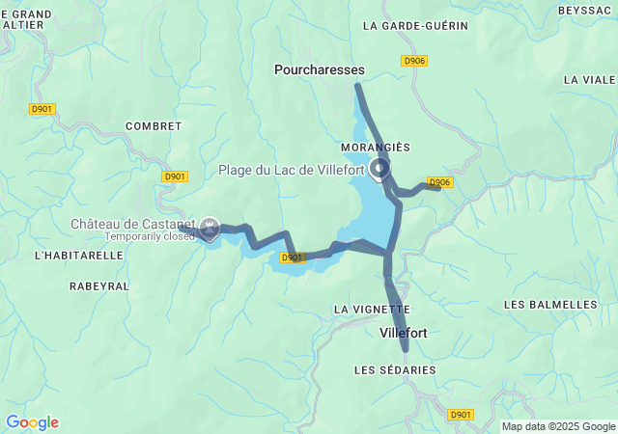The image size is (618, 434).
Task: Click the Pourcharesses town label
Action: point(320,69)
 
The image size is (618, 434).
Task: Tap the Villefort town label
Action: point(404,333)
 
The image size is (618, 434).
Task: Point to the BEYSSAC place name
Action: point(586,10)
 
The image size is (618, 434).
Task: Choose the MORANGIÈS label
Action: point(376,147)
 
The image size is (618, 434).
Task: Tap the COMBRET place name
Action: point(154,126)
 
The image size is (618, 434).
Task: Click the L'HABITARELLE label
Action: point(78,256)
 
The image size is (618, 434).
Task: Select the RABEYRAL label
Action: point(99,286)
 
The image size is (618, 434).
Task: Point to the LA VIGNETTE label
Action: point(371,309)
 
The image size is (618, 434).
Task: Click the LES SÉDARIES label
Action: point(395,369)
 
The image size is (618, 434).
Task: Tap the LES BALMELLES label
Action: point(550,304)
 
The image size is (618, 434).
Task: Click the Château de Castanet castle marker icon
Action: point(209,227)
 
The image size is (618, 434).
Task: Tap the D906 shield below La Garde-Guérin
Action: point(414,61)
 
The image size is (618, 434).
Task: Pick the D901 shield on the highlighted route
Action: point(294,258)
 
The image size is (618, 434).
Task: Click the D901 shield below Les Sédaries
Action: point(462,414)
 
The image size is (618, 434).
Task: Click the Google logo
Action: point(32,422)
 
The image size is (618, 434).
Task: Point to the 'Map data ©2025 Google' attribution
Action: point(557,426)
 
